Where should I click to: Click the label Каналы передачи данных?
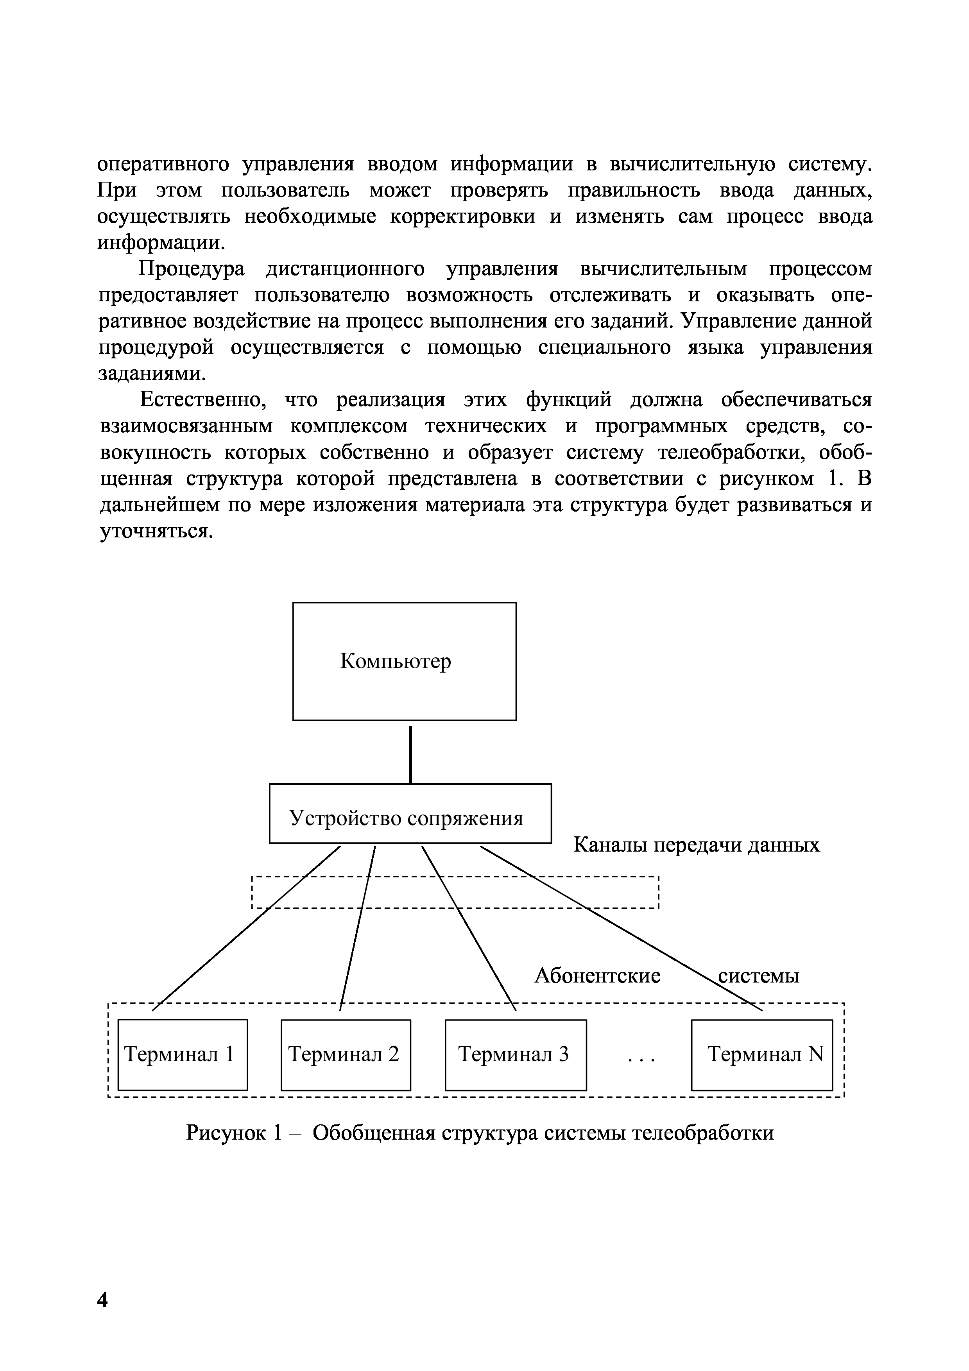pyautogui.click(x=696, y=845)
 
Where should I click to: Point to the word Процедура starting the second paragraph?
pyautogui.click(x=192, y=269)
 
